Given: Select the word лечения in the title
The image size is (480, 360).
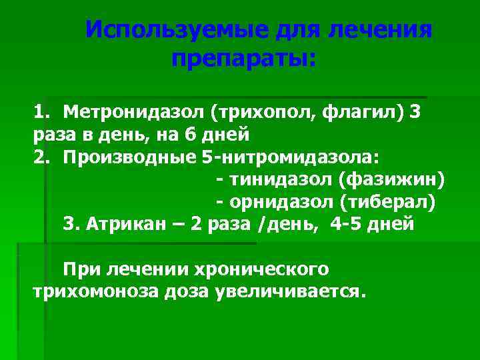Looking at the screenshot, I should coord(382,31).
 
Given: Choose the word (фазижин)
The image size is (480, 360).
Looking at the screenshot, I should coord(391,180).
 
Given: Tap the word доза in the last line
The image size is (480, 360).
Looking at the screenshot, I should coord(189,292).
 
